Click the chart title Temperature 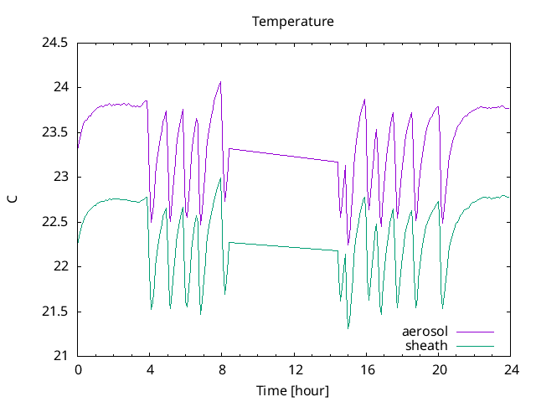pyautogui.click(x=293, y=21)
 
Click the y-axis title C pyautogui.click(x=12, y=199)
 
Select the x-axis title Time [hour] pyautogui.click(x=293, y=390)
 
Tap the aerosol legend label pyautogui.click(x=425, y=332)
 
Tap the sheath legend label pyautogui.click(x=427, y=345)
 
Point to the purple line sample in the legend pyautogui.click(x=475, y=332)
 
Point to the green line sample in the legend pyautogui.click(x=475, y=346)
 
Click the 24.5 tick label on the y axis pyautogui.click(x=55, y=43)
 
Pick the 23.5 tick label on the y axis pyautogui.click(x=55, y=132)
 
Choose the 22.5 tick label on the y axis pyautogui.click(x=55, y=222)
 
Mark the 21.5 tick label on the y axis pyautogui.click(x=55, y=312)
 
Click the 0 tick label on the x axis pyautogui.click(x=78, y=369)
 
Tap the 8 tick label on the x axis pyautogui.click(x=222, y=369)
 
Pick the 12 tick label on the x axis pyautogui.click(x=294, y=369)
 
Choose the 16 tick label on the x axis pyautogui.click(x=366, y=369)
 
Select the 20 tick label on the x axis pyautogui.click(x=439, y=369)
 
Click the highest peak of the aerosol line pyautogui.click(x=220, y=82)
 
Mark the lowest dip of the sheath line pyautogui.click(x=348, y=328)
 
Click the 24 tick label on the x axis pyautogui.click(x=511, y=369)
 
